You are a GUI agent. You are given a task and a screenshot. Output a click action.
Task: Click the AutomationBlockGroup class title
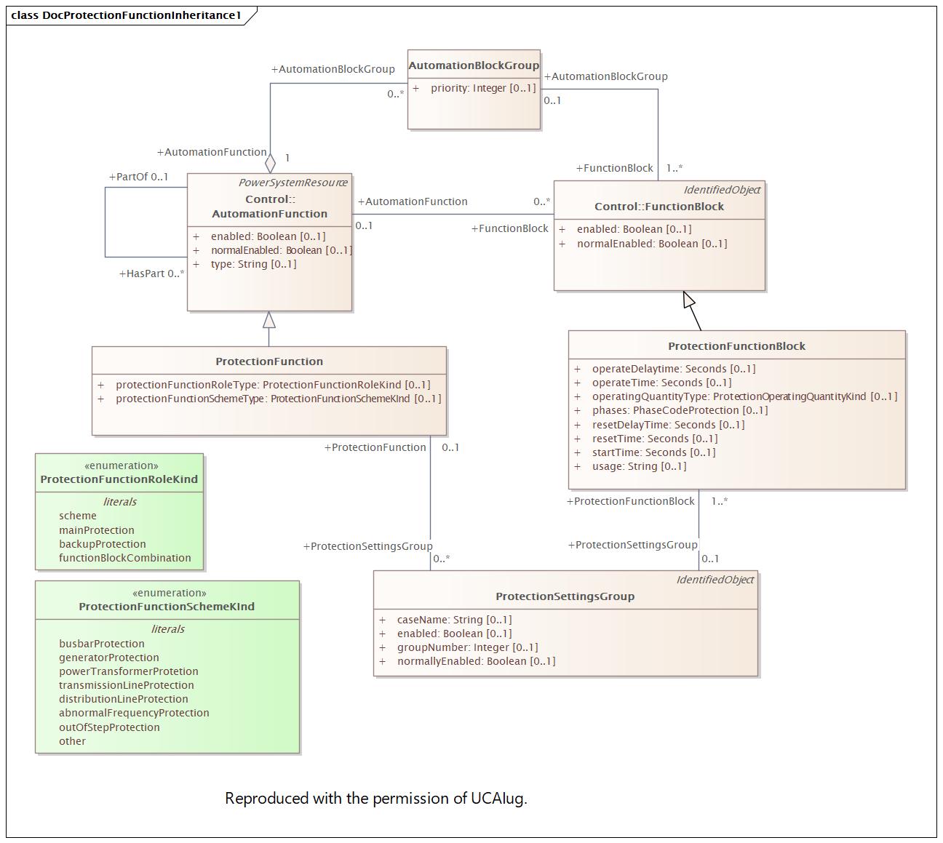(x=474, y=65)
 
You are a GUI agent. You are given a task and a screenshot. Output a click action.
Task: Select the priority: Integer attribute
(x=482, y=88)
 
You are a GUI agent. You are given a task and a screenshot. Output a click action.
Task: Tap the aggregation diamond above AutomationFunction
(x=271, y=163)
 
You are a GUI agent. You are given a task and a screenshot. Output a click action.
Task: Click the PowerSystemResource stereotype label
(x=293, y=183)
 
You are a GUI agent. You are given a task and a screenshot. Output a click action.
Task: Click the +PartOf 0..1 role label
(x=138, y=177)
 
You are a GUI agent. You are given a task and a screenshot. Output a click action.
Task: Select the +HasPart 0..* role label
(x=151, y=273)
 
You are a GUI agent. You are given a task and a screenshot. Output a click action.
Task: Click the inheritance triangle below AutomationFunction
(x=269, y=320)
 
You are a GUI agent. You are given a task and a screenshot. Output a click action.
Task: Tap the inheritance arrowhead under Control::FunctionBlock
(x=689, y=300)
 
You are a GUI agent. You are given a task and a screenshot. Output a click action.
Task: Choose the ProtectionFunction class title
(x=269, y=361)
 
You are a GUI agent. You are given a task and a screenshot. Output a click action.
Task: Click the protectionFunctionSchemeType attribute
(x=278, y=399)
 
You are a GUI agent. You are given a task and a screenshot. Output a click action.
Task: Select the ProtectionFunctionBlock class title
(x=736, y=346)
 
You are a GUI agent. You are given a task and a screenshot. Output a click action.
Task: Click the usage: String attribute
(x=639, y=466)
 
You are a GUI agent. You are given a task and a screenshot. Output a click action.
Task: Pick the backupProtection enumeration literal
(x=102, y=544)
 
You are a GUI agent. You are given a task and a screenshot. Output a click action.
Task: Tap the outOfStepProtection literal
(x=109, y=727)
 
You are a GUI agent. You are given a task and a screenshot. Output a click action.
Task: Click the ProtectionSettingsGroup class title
(x=565, y=596)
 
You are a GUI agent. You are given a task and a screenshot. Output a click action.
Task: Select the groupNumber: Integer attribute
(x=467, y=647)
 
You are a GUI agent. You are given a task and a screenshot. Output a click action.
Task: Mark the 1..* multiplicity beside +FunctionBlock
(x=674, y=168)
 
